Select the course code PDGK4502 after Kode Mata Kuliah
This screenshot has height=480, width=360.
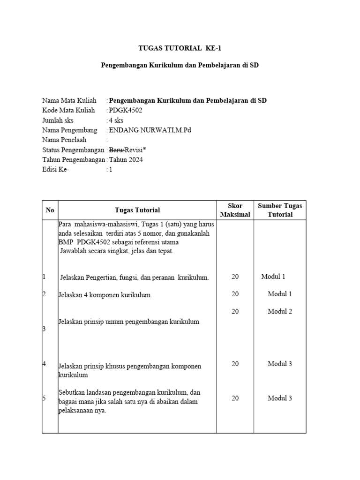click(x=125, y=111)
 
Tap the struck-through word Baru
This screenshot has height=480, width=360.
click(x=116, y=150)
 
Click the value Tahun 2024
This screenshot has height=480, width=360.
click(x=126, y=160)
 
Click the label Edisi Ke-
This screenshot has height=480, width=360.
click(x=56, y=170)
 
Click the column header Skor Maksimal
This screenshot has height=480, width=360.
click(x=235, y=210)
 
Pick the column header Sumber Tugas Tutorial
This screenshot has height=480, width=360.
click(x=280, y=210)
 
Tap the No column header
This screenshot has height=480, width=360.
click(x=50, y=210)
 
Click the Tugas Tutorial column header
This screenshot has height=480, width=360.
click(x=137, y=210)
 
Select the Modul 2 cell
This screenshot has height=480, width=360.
click(x=280, y=312)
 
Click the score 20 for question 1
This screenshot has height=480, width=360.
click(x=235, y=277)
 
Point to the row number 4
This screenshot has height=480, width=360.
click(x=44, y=364)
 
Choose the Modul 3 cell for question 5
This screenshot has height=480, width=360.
click(x=280, y=398)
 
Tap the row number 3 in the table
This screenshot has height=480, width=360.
click(x=44, y=329)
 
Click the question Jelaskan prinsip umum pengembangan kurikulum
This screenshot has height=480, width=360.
click(x=129, y=322)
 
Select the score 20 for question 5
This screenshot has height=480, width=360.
click(x=235, y=398)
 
